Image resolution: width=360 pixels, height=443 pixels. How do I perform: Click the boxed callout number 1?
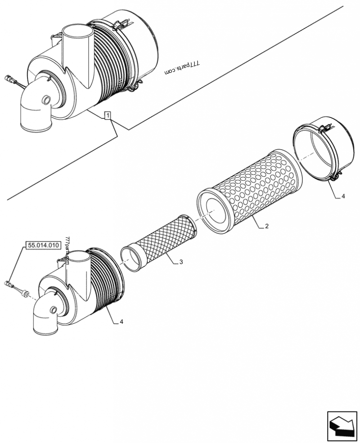[108, 116]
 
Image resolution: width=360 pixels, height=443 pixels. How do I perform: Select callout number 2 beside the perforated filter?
[267, 226]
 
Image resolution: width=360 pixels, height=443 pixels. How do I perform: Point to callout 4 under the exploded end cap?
[343, 196]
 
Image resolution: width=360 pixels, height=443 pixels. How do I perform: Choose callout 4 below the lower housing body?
[122, 322]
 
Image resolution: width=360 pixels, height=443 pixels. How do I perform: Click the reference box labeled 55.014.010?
[44, 246]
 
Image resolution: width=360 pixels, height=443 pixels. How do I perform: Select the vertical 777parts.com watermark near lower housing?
[67, 251]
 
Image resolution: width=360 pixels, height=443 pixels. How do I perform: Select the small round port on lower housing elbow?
[54, 310]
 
